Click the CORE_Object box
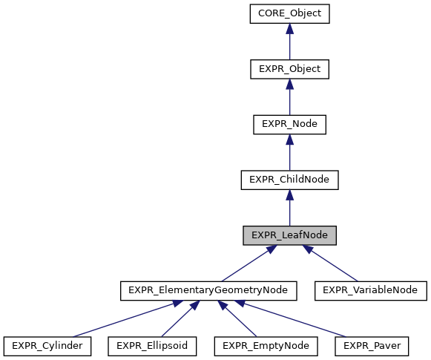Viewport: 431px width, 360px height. [x=289, y=13]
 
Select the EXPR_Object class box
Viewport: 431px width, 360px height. [x=289, y=69]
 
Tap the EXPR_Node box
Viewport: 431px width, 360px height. [x=289, y=124]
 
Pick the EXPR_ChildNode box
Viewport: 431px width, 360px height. [x=289, y=180]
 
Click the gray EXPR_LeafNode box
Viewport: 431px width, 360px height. [x=289, y=235]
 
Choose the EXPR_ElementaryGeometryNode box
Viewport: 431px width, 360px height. [x=208, y=290]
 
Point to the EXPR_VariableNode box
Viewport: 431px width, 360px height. [x=371, y=290]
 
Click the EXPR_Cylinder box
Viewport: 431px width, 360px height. [x=47, y=346]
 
